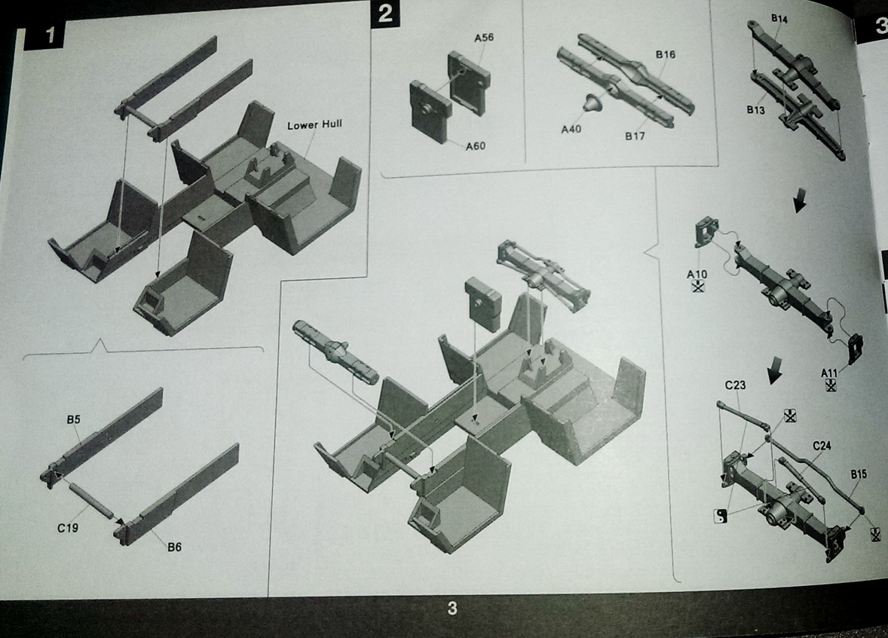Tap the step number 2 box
pos(386,14)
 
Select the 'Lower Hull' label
pos(314,124)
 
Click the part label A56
pos(484,38)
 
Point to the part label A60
pos(475,146)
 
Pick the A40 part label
pos(571,129)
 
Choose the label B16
pos(666,54)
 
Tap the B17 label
pos(635,136)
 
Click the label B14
pos(779,19)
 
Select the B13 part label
pos(755,110)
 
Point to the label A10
pos(697,275)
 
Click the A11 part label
pos(829,373)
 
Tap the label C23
pos(735,385)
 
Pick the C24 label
pos(822,446)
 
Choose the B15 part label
pos(859,474)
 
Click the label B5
pos(74,420)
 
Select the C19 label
pos(67,528)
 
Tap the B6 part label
pos(174,548)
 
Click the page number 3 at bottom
pos(452,609)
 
